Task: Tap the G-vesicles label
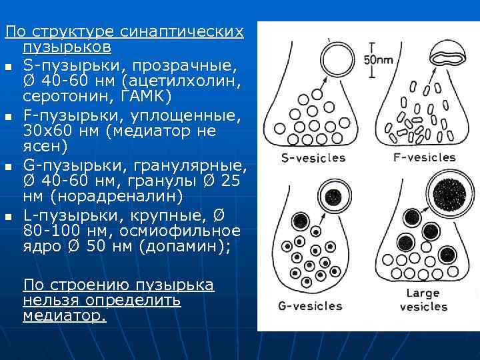click(309, 307)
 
